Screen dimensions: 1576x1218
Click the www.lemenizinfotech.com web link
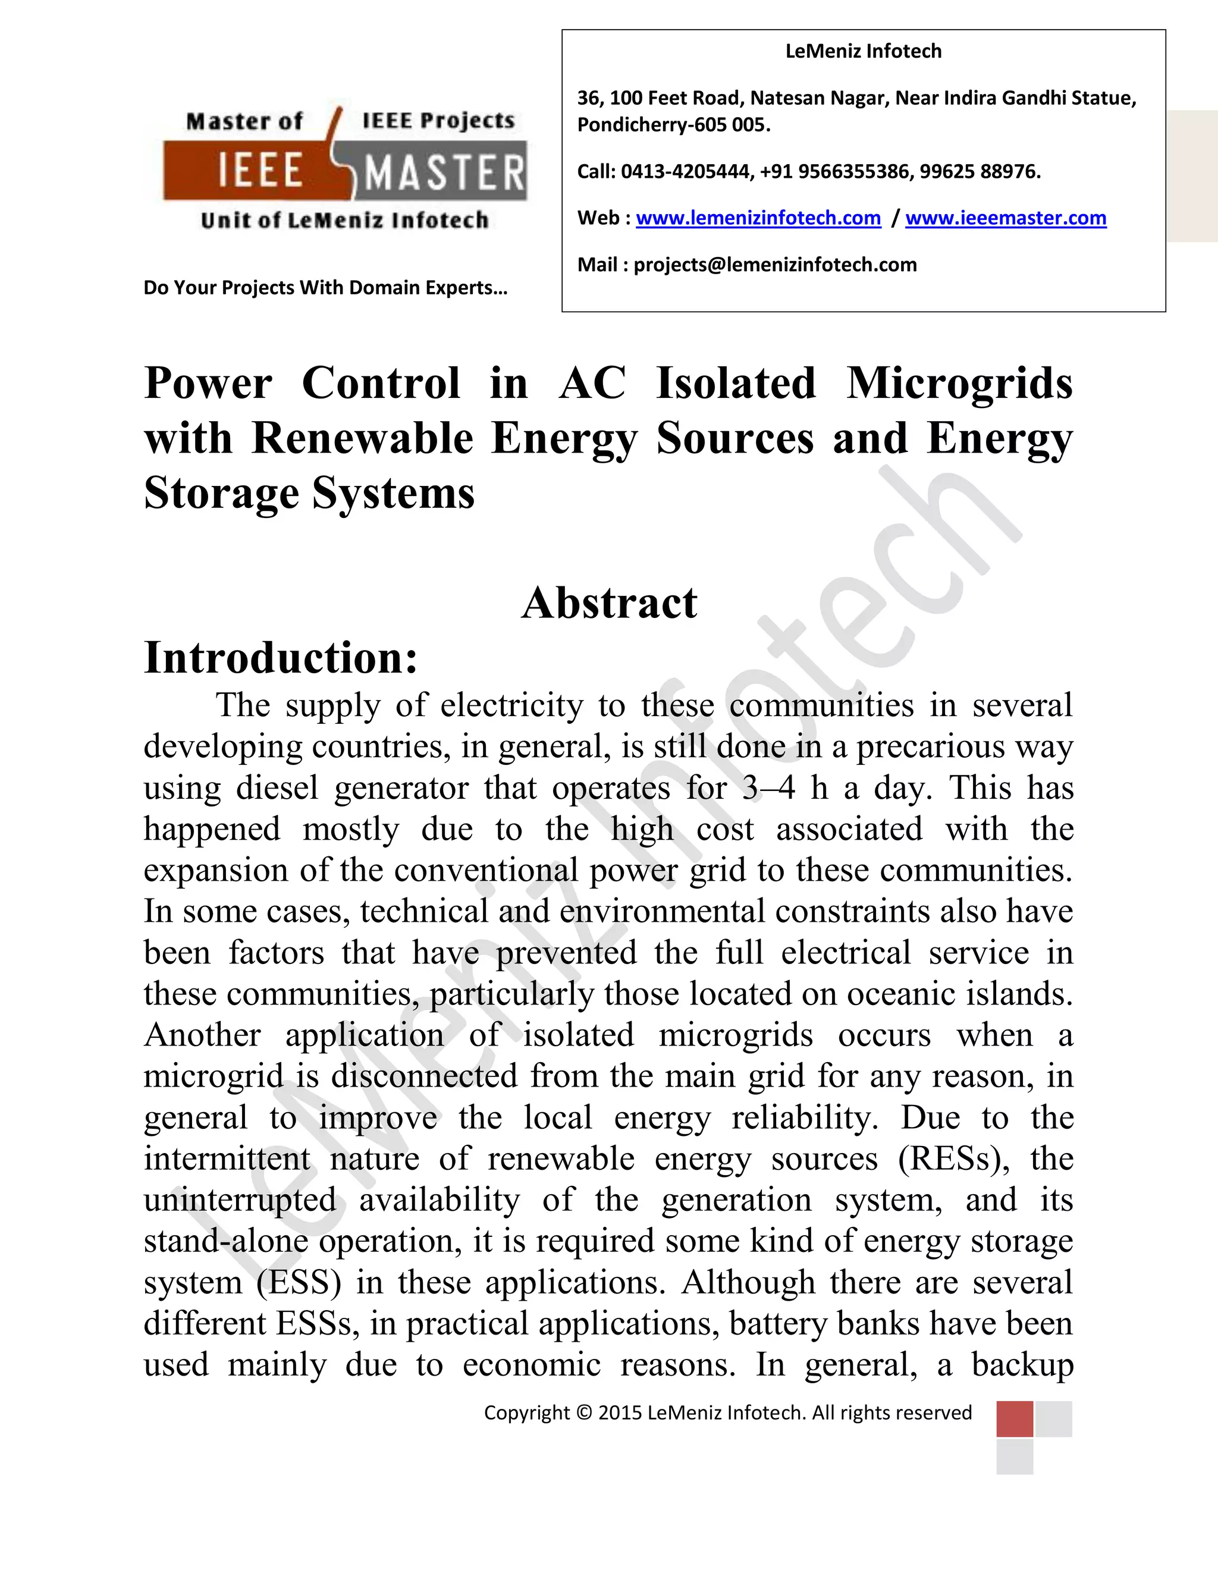[x=758, y=218]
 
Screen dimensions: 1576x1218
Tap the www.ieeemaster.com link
[x=1005, y=218]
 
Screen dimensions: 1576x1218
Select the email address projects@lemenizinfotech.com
[x=775, y=265]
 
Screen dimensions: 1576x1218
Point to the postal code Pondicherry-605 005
[x=673, y=125]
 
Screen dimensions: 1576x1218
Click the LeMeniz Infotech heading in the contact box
[x=863, y=51]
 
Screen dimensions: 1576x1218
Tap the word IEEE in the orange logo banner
[x=260, y=172]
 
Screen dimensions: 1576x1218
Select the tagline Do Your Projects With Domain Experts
[x=325, y=288]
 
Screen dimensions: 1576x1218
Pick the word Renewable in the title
[x=362, y=438]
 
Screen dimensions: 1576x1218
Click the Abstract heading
[x=609, y=602]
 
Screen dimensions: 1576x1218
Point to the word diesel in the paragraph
[x=277, y=787]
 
